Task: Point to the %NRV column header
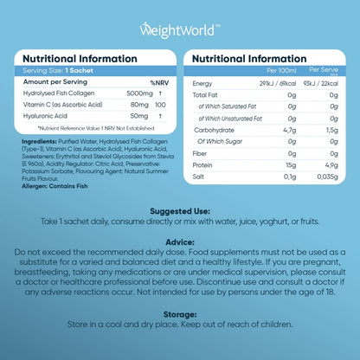[157, 82]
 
